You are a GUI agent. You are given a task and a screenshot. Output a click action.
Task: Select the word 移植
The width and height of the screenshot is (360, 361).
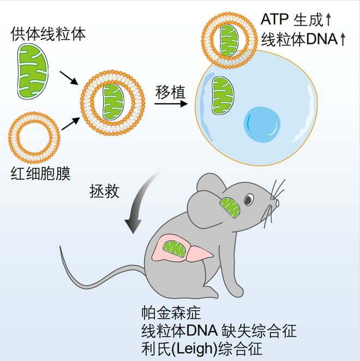(171, 91)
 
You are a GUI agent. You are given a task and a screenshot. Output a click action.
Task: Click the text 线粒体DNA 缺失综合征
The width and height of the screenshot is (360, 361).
(218, 330)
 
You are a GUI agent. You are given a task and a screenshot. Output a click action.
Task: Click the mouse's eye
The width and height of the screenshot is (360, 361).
(249, 200)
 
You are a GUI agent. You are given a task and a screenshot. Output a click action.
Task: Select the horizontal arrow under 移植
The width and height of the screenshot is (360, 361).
(170, 103)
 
